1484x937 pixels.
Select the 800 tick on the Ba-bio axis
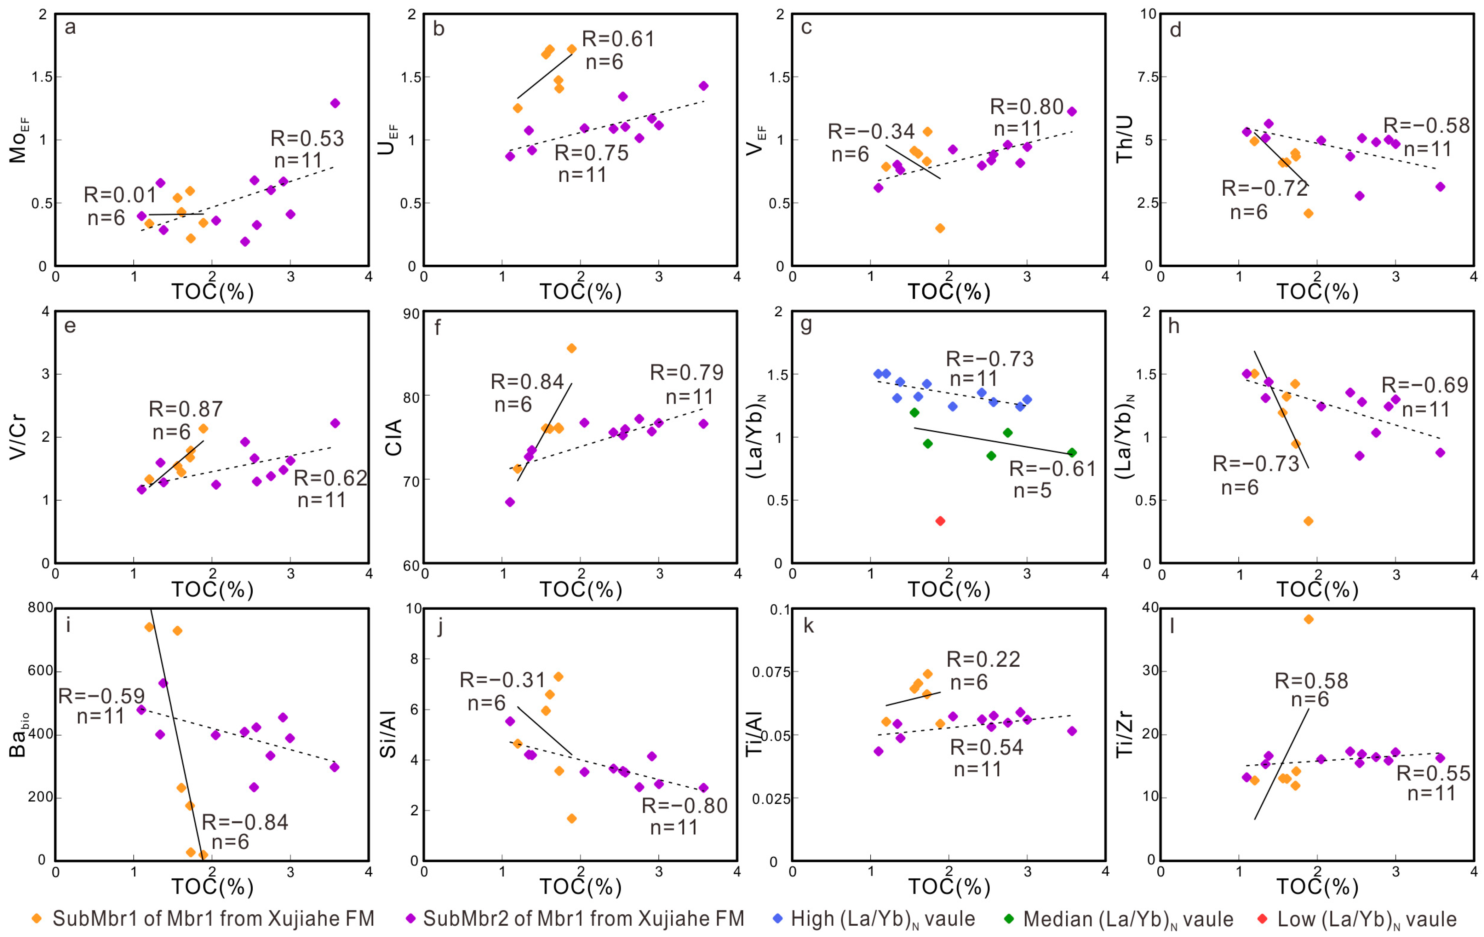41,608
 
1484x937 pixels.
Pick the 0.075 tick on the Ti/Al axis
771,672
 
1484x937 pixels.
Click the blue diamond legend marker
778,919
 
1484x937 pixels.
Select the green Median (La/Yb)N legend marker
1009,919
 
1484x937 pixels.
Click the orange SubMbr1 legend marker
37,919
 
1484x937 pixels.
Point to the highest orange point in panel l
1308,619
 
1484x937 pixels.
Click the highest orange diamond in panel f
571,349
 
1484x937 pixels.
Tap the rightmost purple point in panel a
335,103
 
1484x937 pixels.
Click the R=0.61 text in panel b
618,39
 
